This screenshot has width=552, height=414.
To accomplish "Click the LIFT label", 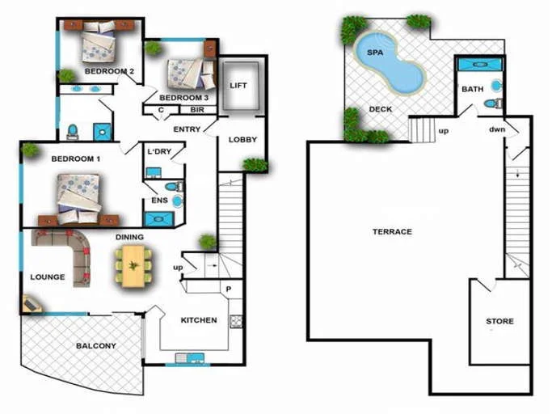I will [x=238, y=85].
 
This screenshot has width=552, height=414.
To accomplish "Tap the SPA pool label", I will [x=375, y=52].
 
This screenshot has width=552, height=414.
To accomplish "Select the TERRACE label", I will [x=392, y=232].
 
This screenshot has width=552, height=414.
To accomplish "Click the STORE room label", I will [x=499, y=321].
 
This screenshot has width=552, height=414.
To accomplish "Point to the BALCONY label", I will [x=96, y=346].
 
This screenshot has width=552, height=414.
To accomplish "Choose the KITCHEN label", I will [x=199, y=320].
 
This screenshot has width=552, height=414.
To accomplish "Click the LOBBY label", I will [x=242, y=139].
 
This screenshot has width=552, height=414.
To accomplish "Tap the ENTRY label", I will [x=187, y=129].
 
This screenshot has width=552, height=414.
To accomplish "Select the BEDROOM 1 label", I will [x=75, y=158].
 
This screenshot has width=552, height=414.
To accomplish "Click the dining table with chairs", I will [x=133, y=264].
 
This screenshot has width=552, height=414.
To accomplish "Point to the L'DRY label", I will [x=160, y=151].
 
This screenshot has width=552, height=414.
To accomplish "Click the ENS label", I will [x=159, y=201].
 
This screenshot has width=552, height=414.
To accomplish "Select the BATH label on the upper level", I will [x=472, y=90].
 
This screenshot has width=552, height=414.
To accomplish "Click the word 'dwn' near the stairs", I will [x=497, y=129].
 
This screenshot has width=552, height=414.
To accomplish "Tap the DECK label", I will [x=380, y=109].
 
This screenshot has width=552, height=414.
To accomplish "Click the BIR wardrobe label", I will [x=196, y=109].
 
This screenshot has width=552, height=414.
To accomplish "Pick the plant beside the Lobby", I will [x=255, y=166].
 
